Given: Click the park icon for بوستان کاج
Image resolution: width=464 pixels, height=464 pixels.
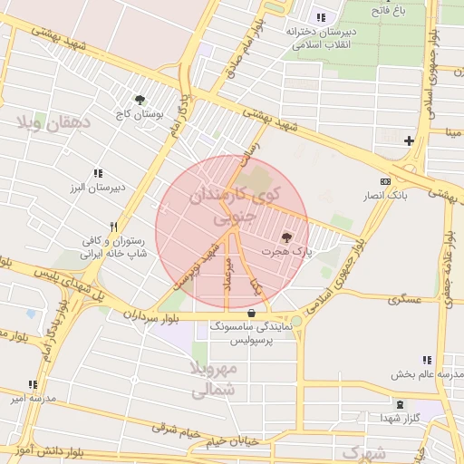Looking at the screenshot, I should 140,101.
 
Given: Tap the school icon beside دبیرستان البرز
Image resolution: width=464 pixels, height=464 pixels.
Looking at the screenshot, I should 98,173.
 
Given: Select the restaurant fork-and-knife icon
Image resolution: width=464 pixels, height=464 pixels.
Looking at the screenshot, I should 113,227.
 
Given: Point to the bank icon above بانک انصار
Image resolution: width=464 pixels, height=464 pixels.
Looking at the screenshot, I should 386,181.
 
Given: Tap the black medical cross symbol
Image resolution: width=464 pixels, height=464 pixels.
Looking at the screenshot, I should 409,140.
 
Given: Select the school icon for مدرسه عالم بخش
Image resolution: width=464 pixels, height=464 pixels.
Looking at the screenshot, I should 426,360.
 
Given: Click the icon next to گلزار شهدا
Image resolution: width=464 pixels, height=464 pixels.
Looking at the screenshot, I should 400,403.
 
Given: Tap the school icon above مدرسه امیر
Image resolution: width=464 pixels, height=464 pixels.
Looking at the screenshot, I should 34,384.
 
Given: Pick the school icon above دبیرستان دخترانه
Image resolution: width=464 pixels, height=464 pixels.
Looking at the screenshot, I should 321,17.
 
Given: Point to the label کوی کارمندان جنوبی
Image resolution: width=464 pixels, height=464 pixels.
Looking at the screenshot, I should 233,206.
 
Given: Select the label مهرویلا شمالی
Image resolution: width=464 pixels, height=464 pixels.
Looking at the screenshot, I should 214,380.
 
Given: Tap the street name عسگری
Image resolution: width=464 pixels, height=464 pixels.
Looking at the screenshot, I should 404,298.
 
